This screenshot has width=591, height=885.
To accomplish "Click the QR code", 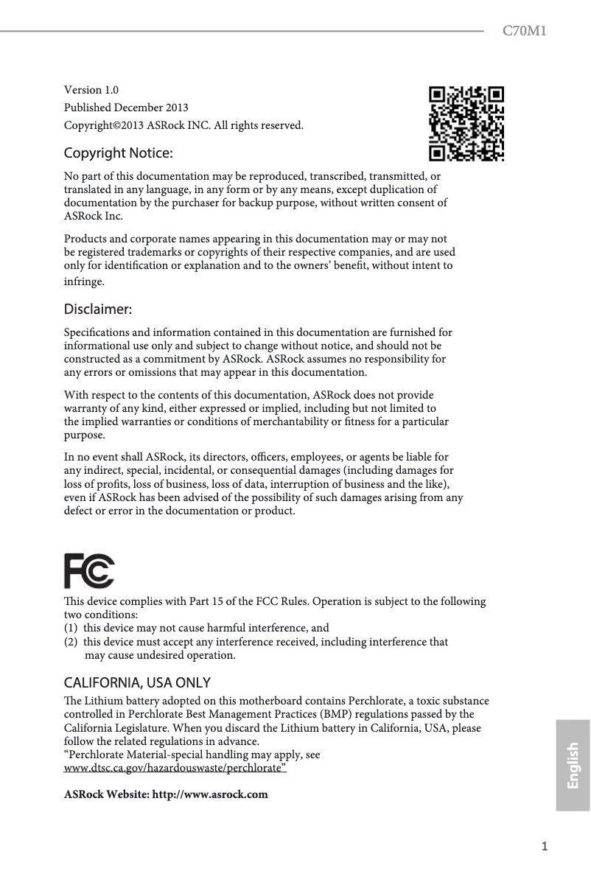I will tap(467, 123).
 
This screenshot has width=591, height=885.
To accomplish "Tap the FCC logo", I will tap(89, 571).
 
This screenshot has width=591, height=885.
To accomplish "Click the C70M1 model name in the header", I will tap(524, 31).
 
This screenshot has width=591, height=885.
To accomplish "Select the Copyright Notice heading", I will tap(119, 153).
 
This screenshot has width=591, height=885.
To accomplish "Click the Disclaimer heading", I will tap(98, 307).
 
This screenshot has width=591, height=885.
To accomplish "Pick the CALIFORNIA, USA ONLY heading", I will tap(138, 682).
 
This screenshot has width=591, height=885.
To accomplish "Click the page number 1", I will tap(545, 847).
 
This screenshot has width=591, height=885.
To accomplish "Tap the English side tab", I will tap(573, 766).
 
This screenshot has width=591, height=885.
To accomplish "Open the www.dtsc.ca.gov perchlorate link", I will tap(176, 769).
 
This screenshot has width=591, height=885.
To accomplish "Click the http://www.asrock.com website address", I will tap(209, 794).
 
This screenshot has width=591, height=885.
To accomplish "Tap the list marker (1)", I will tap(71, 628).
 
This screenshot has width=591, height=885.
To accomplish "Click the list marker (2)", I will tap(71, 642).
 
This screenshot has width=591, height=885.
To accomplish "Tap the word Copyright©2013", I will tap(104, 125).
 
